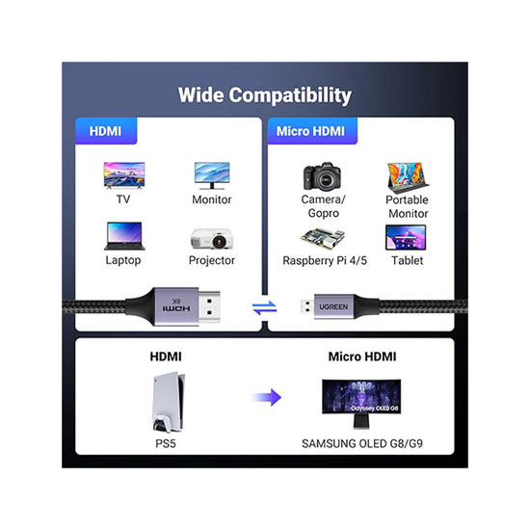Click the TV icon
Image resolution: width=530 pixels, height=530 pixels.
(x=124, y=175)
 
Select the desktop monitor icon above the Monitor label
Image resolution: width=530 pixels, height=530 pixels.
(x=212, y=175)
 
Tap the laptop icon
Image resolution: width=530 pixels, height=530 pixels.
(x=124, y=236)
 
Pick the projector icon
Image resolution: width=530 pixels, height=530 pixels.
(x=212, y=239)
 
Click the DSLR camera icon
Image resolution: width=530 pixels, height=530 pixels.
(x=322, y=176)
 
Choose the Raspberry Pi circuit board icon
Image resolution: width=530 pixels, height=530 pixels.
(x=323, y=239)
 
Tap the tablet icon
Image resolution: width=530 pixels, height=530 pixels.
(x=406, y=238)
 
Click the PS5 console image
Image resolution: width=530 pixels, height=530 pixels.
(x=168, y=402)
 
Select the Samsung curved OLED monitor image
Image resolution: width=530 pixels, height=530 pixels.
(x=361, y=403)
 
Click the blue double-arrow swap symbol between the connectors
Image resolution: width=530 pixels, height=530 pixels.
(x=264, y=307)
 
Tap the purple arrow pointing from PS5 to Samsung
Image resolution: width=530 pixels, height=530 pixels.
(x=267, y=397)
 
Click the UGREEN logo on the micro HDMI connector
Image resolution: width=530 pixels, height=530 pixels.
(x=333, y=306)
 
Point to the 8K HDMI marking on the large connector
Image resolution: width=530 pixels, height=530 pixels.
(x=176, y=305)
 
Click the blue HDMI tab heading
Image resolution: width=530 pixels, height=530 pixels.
(x=106, y=131)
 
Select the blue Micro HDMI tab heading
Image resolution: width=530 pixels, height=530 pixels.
(x=312, y=131)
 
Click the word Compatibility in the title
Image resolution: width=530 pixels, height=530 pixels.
(x=290, y=95)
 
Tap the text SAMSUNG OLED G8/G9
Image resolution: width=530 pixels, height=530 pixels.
(x=362, y=443)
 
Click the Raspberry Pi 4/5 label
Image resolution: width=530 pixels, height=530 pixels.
(x=325, y=260)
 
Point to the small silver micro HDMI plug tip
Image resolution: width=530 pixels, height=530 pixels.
(x=307, y=306)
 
